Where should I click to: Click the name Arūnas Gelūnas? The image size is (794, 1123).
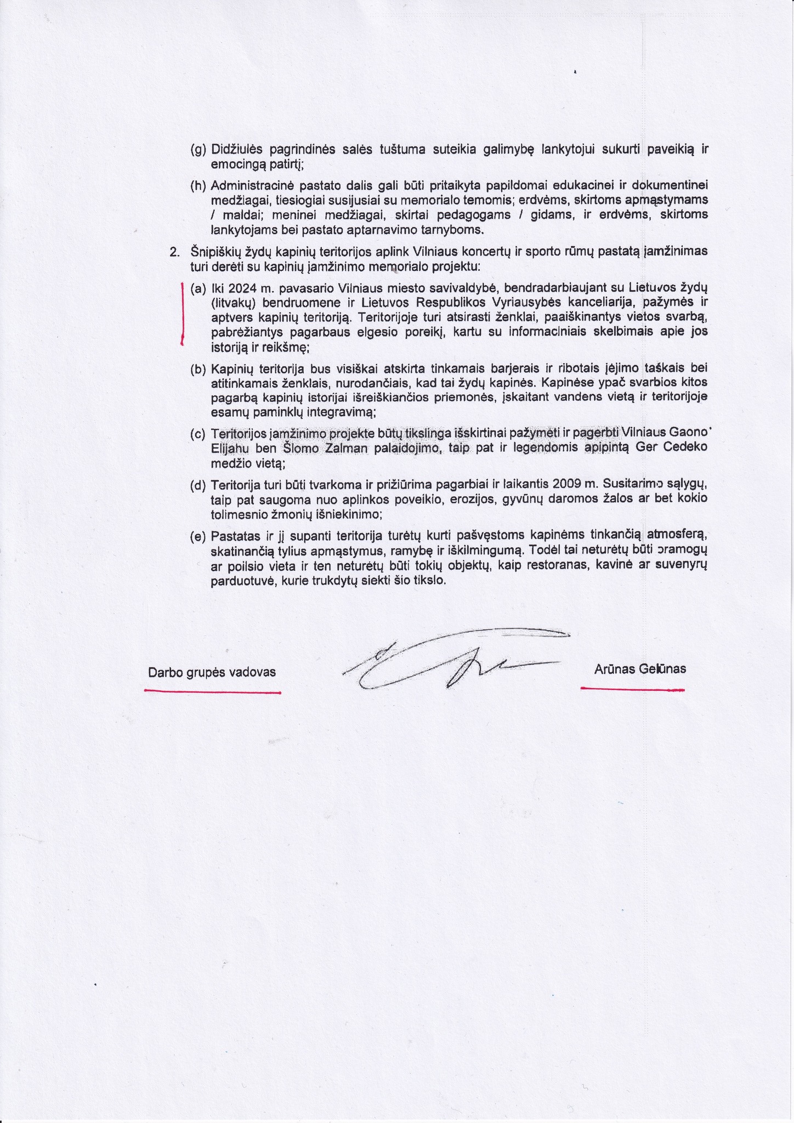[639, 669]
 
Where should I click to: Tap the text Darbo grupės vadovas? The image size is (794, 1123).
[212, 672]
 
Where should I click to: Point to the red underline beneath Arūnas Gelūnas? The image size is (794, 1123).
[632, 689]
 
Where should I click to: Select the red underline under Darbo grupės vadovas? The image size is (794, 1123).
[212, 693]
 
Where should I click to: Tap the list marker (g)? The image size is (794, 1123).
[198, 149]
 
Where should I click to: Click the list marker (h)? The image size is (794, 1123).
[198, 186]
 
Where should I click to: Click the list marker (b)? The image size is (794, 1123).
[198, 369]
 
